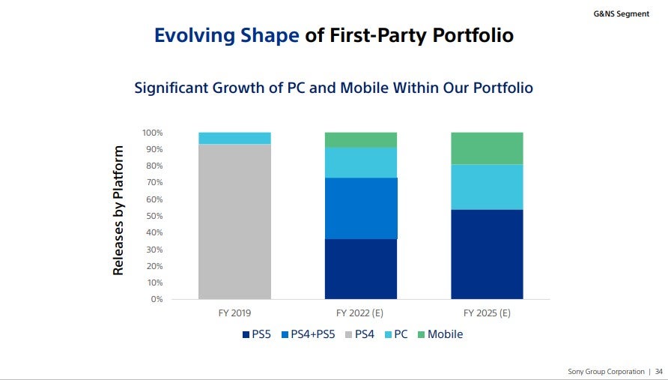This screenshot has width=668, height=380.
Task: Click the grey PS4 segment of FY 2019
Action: click(234, 221)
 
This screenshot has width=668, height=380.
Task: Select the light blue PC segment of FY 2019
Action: click(234, 138)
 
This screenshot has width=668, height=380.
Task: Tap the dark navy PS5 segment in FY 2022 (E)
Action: click(360, 269)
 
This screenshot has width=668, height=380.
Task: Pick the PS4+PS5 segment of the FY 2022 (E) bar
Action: click(360, 208)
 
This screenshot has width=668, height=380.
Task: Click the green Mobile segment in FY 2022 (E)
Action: click(360, 139)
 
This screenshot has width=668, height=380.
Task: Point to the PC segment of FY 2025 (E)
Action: click(486, 187)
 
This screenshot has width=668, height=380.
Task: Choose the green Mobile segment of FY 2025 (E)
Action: click(486, 148)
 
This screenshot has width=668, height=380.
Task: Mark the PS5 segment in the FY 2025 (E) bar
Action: click(486, 254)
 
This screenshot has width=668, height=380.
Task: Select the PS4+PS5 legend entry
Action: click(309, 334)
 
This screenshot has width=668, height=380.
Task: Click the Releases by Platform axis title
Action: click(118, 211)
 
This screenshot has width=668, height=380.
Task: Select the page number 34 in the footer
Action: click(658, 372)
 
